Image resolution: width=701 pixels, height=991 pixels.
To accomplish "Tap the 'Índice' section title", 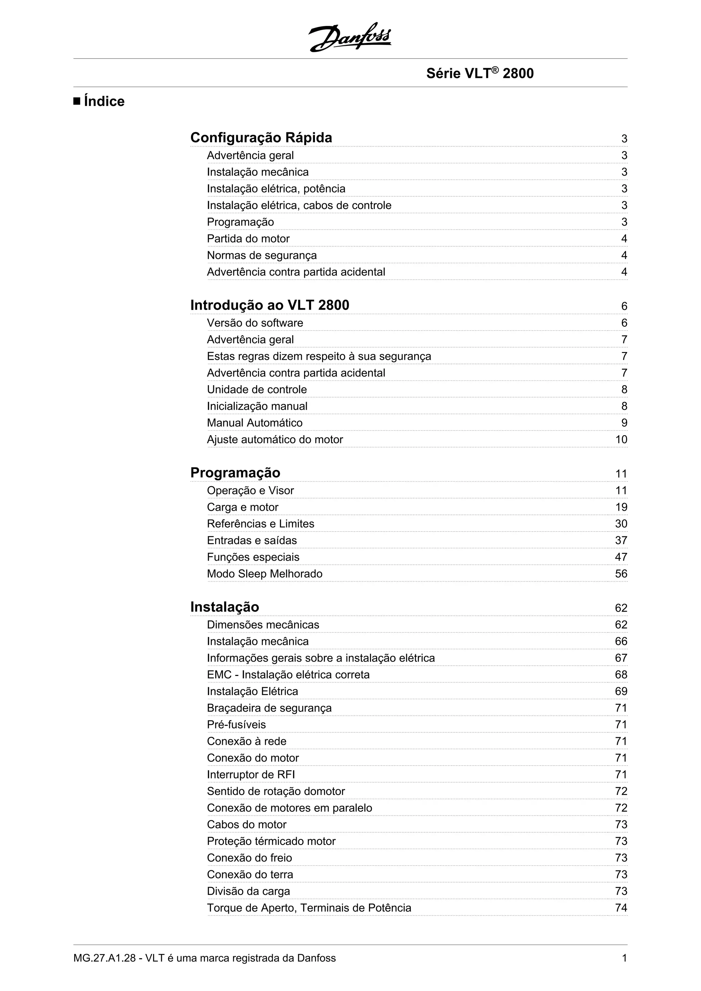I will pos(104,102).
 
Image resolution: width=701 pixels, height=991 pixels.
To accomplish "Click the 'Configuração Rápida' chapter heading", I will pos(261,138).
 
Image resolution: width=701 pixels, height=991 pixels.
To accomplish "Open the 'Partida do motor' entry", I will pos(248,239).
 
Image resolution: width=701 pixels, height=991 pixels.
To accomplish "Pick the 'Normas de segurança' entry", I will pos(262,256).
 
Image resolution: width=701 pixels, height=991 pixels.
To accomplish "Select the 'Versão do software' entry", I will pos(255,323).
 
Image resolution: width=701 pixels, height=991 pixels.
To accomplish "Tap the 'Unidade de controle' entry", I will pos(257,389).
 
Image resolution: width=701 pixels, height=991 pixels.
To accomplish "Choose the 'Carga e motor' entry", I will pos(243,507).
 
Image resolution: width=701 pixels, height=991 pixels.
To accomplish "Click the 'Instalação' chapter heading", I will pos(225,607).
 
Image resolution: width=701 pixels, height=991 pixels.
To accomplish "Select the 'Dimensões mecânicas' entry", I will pos(263,625).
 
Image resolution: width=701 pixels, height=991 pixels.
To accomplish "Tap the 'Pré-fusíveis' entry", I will pos(236,725).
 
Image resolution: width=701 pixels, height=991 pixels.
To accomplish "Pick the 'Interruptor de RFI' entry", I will pos(251,775).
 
